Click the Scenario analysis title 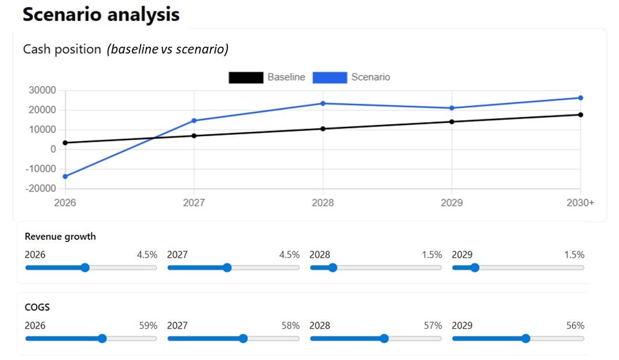coord(101,14)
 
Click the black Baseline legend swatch coord(246,78)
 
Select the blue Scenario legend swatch coord(330,78)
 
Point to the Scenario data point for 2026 coord(65,176)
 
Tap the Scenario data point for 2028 coord(323,103)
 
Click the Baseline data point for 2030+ coord(581,114)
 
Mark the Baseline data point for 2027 coord(194,135)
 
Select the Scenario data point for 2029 coord(452,108)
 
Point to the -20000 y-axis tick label coord(40,188)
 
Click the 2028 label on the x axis coord(323,203)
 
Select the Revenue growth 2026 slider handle coord(85,268)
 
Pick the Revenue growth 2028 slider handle coord(332,268)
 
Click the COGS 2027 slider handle coord(243,338)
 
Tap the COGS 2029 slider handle coord(526,338)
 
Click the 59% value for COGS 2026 coord(148,325)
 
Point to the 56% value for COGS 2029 coord(575,325)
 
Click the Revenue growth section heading coord(60,237)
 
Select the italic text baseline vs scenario coord(167,49)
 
